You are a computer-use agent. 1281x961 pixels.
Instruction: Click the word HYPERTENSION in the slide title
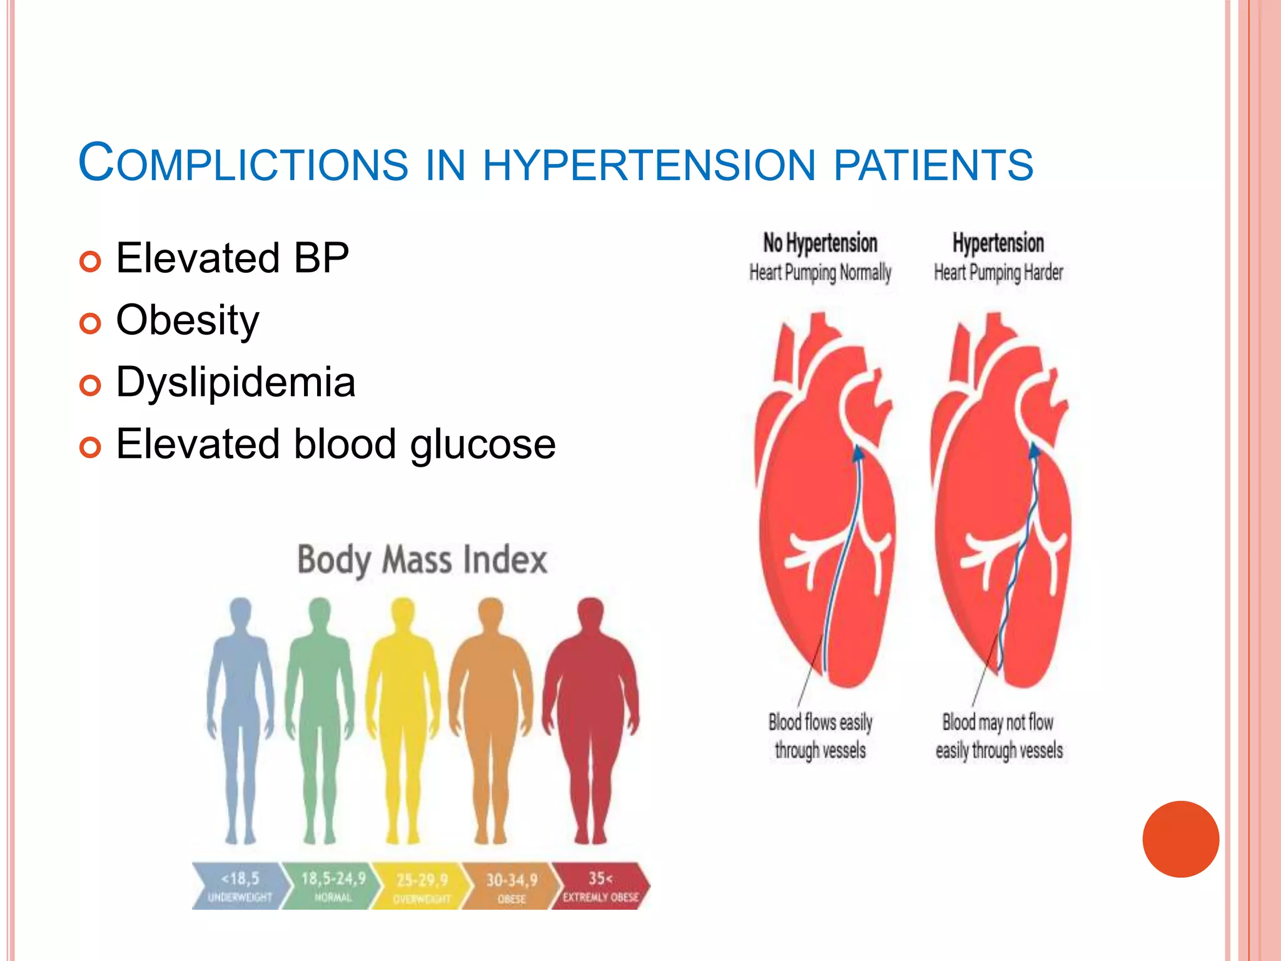(649, 165)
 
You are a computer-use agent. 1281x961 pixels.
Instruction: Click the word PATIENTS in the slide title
(933, 165)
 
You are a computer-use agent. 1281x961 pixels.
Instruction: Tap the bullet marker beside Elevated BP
(90, 262)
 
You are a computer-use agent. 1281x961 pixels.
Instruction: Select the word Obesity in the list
(188, 320)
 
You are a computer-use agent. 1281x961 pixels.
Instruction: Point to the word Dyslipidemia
(236, 382)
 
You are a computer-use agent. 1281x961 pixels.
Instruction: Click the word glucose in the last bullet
(482, 444)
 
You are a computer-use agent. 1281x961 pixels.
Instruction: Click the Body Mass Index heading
(422, 559)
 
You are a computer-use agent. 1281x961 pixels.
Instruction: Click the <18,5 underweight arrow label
(241, 885)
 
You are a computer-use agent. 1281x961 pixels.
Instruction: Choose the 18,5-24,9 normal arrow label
(333, 885)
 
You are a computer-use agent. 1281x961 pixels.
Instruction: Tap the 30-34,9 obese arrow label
(512, 886)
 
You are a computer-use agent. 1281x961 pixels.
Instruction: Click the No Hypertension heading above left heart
(819, 243)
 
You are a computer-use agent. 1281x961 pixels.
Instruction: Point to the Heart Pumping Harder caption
(998, 273)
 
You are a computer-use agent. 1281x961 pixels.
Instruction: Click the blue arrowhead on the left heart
(859, 452)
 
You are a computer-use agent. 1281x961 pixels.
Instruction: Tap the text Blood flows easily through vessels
(820, 736)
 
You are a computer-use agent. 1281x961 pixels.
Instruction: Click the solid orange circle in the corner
(1180, 839)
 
